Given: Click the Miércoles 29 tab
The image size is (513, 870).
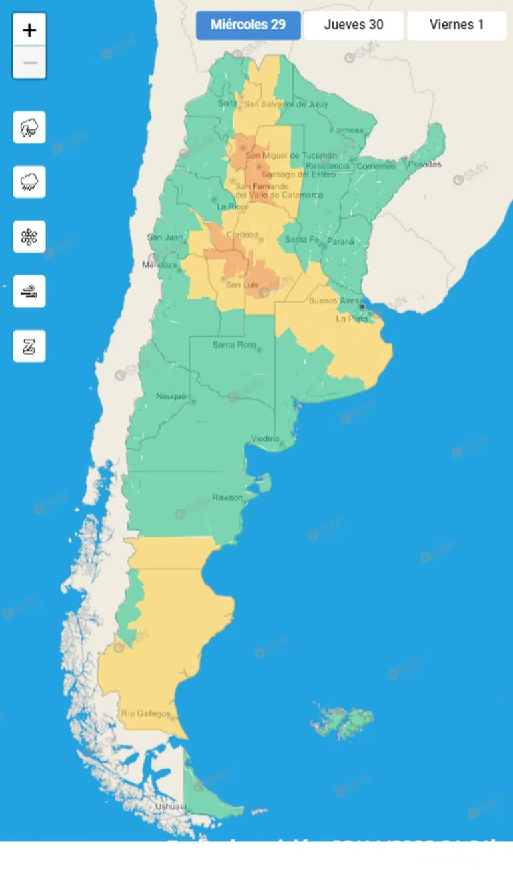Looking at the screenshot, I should pos(248,25).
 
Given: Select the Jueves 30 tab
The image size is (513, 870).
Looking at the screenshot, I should pos(353,25).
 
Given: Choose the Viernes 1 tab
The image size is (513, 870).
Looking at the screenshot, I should pos(456,25).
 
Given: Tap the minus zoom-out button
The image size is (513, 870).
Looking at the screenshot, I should pos(29,63).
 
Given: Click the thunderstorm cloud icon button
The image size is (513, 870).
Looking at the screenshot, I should pos(29,127).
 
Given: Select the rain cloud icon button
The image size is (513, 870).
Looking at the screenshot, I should pos(29,182).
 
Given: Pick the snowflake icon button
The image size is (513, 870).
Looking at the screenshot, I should pos(29,237).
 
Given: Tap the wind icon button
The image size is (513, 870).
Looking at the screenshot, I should pos(29,291).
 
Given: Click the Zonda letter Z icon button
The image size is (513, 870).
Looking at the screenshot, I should pos(29,346).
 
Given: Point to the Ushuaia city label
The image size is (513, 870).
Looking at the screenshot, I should pos(171,807).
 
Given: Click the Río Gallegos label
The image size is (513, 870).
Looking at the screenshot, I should pos(145,714).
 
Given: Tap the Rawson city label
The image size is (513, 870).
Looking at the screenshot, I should pos(227,497).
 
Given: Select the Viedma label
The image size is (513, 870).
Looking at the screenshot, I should pos(265,439).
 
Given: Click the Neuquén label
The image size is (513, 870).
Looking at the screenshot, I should pos(173,397).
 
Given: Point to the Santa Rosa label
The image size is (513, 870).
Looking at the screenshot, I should pos(234,345).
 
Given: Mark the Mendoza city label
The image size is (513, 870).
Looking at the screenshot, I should pos(159,265).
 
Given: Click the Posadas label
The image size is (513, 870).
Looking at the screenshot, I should pos(424,164).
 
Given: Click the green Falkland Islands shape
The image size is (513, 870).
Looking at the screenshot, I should pos(342,721).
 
